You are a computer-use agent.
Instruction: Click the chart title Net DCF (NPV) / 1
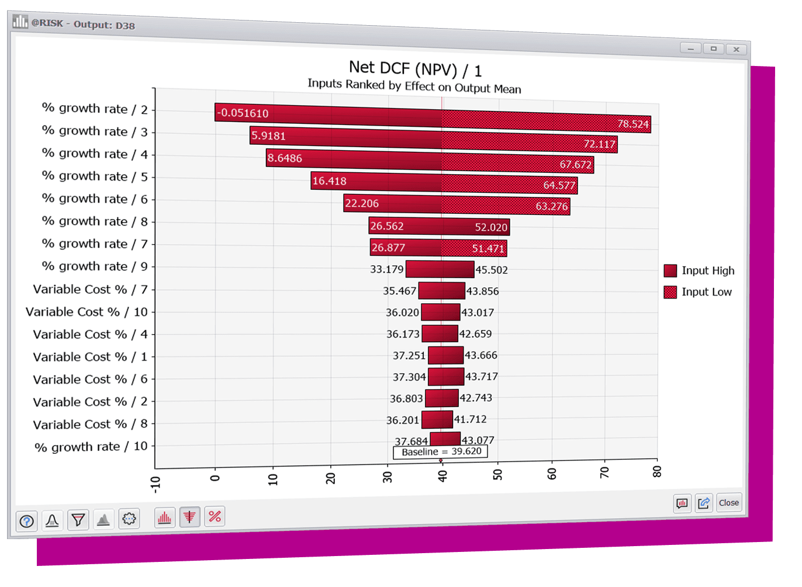415,70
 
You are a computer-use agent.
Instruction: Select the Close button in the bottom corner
728,502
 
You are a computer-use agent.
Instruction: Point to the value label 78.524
633,124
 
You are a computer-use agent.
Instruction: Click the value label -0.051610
243,113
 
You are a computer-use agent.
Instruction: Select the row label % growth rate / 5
95,176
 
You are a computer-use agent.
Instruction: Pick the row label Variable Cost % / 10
87,312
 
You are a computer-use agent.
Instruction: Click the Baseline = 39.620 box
441,451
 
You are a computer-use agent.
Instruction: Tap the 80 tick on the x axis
657,472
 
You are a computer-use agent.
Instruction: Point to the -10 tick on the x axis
155,484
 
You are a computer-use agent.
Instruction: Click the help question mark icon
27,521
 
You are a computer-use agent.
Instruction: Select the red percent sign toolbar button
215,516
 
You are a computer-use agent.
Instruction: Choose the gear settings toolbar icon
129,519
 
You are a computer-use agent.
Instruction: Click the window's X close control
737,50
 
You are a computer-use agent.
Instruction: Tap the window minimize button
690,48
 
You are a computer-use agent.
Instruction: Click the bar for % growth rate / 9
440,269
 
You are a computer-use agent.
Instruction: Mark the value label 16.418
329,181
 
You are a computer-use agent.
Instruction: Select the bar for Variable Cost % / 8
437,419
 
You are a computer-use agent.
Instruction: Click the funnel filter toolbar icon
78,519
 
